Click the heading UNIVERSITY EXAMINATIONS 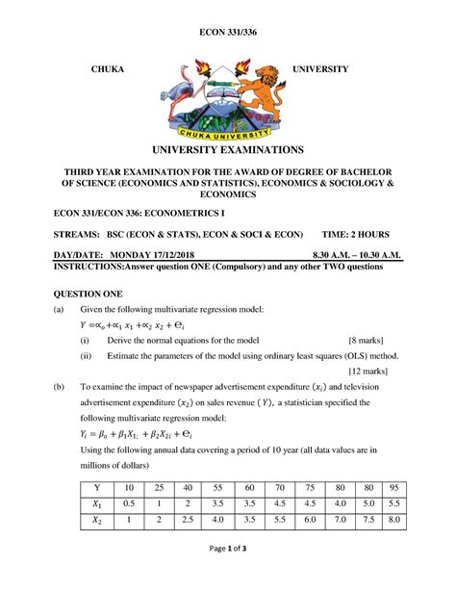coord(228,150)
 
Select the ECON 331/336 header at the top coord(227,33)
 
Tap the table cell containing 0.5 coord(128,503)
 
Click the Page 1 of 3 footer coord(227,575)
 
